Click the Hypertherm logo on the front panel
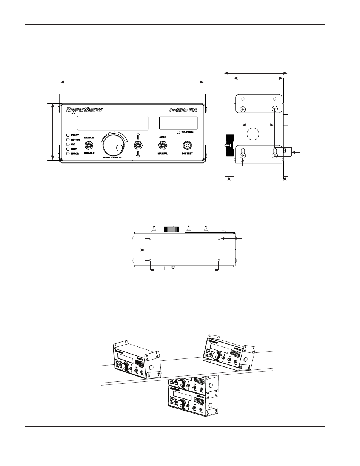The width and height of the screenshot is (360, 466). (84, 110)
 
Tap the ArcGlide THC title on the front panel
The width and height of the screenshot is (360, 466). (182, 110)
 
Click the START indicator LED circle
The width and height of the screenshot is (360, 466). (68, 135)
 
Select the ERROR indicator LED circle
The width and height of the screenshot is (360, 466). (68, 154)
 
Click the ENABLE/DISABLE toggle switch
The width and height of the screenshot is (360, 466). (89, 145)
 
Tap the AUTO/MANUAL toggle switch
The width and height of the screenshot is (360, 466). (163, 145)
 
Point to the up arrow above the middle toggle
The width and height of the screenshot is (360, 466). (138, 136)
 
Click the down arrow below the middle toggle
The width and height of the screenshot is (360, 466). (138, 155)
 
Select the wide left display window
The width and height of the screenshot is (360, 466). (112, 123)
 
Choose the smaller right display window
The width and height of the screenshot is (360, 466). (178, 123)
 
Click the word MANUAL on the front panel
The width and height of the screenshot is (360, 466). (163, 154)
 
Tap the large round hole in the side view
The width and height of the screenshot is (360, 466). (253, 134)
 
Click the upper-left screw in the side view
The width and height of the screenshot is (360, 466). (243, 109)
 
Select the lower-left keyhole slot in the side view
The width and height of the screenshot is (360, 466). (243, 154)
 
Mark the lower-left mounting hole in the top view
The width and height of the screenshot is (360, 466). (151, 260)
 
